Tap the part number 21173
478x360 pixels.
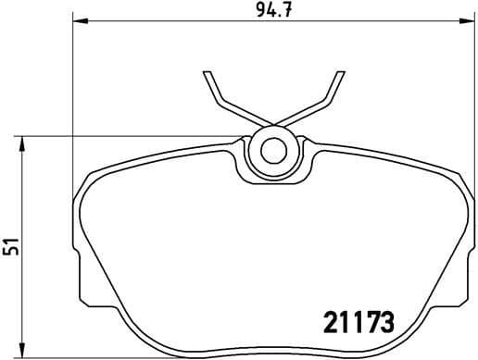(x=356, y=324)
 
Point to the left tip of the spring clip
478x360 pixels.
(x=207, y=73)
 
